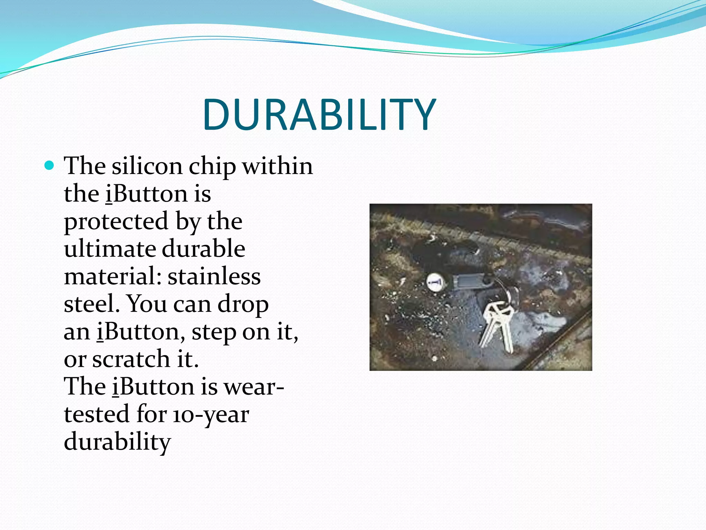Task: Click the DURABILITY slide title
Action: tap(319, 115)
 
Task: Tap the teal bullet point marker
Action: tap(50, 166)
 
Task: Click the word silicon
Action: tap(147, 166)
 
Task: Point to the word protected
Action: tap(116, 222)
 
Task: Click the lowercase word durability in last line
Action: tap(117, 442)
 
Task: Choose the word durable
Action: tap(203, 249)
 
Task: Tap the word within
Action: tap(278, 166)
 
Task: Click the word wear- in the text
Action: tap(254, 387)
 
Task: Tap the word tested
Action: tap(96, 414)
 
